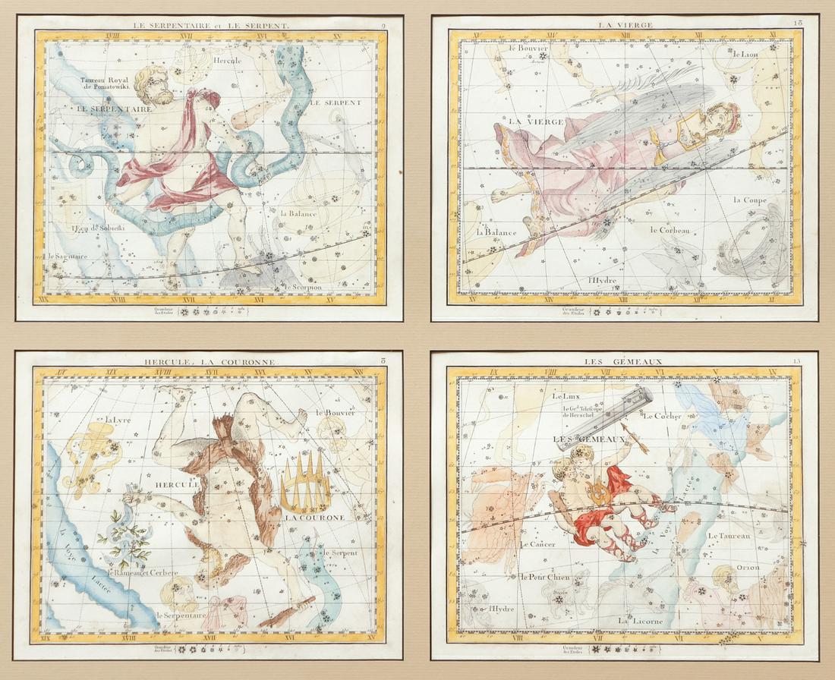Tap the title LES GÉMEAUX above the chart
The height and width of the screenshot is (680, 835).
[613, 362]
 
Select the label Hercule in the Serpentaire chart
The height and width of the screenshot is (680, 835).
[226, 61]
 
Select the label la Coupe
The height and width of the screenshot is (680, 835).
[750, 200]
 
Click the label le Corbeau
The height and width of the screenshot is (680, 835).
[670, 230]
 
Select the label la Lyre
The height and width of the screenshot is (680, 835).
[118, 420]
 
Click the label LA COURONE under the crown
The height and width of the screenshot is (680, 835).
[314, 518]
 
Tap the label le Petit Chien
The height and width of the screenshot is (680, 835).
[546, 577]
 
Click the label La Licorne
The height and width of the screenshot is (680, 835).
[640, 621]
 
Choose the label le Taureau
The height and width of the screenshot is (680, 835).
[729, 536]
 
